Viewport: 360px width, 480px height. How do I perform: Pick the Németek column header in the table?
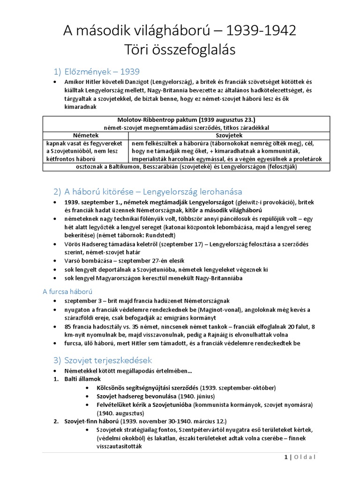85,135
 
